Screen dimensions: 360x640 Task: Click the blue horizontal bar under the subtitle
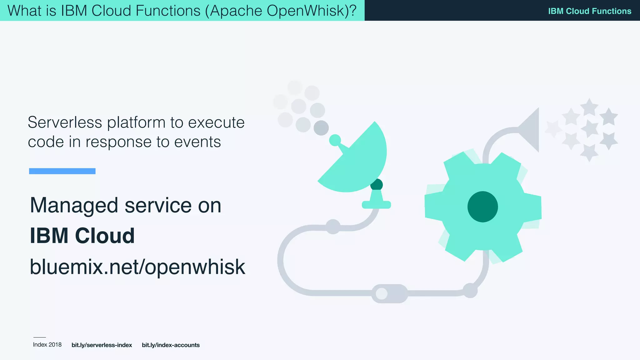(x=62, y=171)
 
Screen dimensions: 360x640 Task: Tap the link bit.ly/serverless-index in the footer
(x=102, y=345)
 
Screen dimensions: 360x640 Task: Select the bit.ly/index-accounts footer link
(x=171, y=345)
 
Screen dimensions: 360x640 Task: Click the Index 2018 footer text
(x=47, y=345)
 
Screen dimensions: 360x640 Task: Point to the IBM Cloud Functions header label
(x=589, y=11)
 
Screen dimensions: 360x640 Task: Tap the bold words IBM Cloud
(x=82, y=236)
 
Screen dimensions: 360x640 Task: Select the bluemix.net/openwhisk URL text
(x=137, y=267)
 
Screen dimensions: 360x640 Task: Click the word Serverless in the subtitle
(x=65, y=122)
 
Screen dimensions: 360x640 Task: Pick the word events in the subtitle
(x=197, y=142)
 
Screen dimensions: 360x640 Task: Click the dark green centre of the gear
(x=482, y=207)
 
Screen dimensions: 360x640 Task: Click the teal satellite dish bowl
(x=359, y=162)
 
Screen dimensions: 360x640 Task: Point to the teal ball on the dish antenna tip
(x=335, y=140)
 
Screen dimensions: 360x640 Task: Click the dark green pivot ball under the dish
(x=377, y=185)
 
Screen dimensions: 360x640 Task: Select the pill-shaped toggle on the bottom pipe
(x=389, y=293)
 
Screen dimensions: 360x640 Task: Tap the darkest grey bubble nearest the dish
(x=321, y=128)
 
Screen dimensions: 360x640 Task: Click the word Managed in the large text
(x=74, y=206)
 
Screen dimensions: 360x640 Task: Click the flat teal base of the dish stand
(x=376, y=205)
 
